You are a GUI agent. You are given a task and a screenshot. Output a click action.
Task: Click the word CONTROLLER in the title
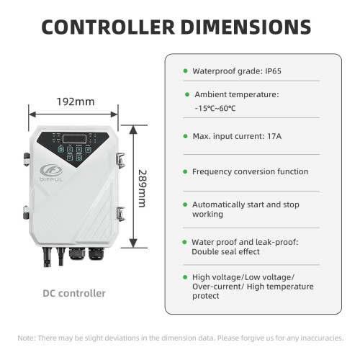108,27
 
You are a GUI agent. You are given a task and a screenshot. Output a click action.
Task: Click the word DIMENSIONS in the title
246,27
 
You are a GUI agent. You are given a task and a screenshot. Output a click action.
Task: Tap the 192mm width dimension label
76,102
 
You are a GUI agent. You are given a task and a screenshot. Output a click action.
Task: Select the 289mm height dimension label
143,189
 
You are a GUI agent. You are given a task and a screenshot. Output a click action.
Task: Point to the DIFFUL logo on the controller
51,173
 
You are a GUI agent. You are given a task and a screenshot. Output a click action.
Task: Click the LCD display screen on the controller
74,139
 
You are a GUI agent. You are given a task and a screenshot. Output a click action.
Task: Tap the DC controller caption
74,293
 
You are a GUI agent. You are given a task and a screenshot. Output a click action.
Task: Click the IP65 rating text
273,71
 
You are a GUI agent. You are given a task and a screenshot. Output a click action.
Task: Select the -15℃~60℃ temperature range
215,108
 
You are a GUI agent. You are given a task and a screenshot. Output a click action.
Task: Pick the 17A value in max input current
274,136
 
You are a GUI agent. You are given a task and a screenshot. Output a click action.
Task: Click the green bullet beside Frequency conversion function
185,171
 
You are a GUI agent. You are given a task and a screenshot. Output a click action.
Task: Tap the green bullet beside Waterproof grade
185,71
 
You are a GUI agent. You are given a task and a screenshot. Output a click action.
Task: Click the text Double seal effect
225,251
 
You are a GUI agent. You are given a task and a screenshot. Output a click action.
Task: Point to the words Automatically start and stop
246,204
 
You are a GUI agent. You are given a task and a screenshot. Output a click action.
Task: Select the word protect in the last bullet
206,296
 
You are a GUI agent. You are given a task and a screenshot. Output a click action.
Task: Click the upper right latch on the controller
120,160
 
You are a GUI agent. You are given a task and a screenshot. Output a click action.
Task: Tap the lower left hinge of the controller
26,212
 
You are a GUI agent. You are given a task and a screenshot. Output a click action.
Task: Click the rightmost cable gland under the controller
96,254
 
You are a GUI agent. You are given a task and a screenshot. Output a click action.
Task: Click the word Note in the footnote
26,338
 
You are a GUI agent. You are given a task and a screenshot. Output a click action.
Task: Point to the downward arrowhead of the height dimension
133,243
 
